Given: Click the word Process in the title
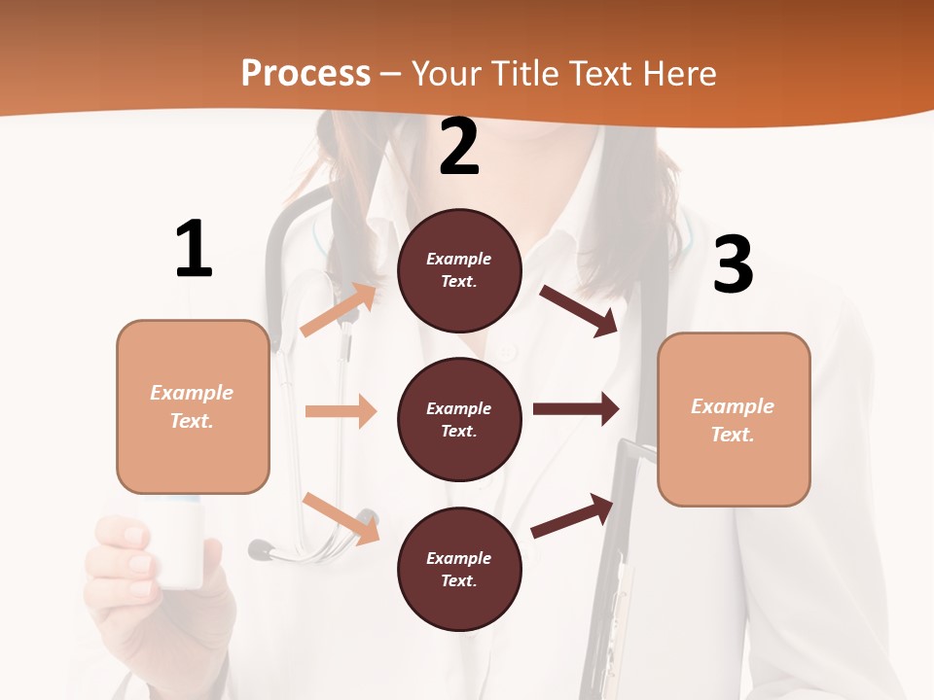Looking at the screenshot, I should pyautogui.click(x=305, y=74).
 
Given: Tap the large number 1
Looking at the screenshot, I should pyautogui.click(x=194, y=249).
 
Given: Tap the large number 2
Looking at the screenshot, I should pyautogui.click(x=459, y=147).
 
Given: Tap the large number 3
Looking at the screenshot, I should pyautogui.click(x=733, y=264).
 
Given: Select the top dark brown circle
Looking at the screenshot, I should pyautogui.click(x=459, y=270).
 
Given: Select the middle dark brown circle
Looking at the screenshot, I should pyautogui.click(x=459, y=419).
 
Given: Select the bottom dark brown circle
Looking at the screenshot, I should pyautogui.click(x=459, y=569).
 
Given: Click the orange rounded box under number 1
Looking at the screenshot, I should pyautogui.click(x=193, y=406).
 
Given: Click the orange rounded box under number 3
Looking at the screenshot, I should pyautogui.click(x=734, y=420).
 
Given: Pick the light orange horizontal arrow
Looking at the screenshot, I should pyautogui.click(x=341, y=411).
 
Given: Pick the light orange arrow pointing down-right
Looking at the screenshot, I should pyautogui.click(x=341, y=517).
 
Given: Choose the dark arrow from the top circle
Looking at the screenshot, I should pyautogui.click(x=579, y=310).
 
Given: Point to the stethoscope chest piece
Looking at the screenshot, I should pyautogui.click(x=261, y=550).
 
